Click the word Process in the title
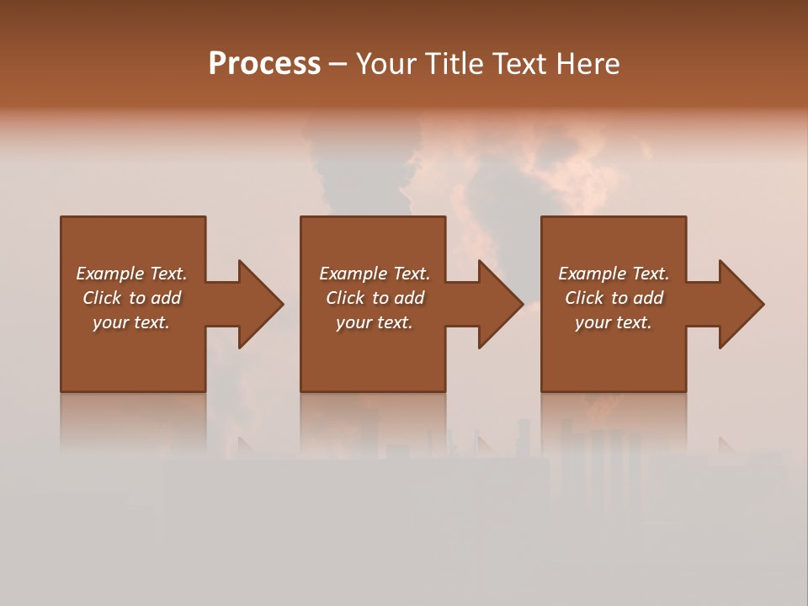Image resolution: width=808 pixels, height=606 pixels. pyautogui.click(x=264, y=64)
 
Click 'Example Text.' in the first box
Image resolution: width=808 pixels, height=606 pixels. pyautogui.click(x=131, y=274)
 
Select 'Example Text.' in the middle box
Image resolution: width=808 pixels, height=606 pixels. pyautogui.click(x=375, y=274)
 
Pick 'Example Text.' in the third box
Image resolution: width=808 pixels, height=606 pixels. pyautogui.click(x=614, y=274)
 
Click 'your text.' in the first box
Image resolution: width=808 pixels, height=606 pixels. pyautogui.click(x=131, y=322)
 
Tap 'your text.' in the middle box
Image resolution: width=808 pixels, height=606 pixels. pyautogui.click(x=375, y=322)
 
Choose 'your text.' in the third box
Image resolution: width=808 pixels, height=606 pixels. pyautogui.click(x=614, y=322)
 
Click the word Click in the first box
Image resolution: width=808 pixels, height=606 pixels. pyautogui.click(x=102, y=298)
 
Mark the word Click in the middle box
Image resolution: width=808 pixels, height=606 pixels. pyautogui.click(x=345, y=298)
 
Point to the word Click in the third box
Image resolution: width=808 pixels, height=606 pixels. pyautogui.click(x=584, y=298)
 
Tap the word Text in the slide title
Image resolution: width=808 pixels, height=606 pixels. pyautogui.click(x=518, y=64)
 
